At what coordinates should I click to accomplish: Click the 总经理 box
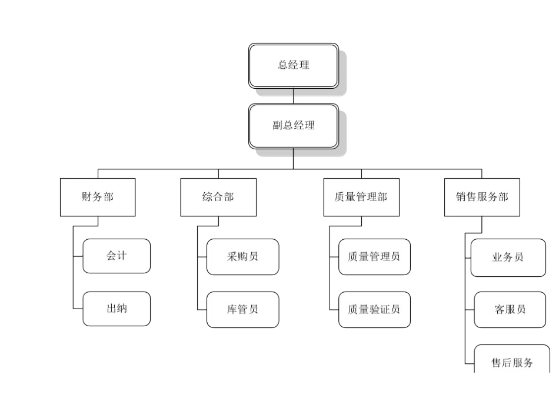pos(293,65)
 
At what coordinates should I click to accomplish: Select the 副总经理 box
pos(293,126)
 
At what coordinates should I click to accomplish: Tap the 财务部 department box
pos(98,197)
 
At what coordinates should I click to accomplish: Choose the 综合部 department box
pos(218,197)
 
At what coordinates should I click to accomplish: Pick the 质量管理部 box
pos(361,197)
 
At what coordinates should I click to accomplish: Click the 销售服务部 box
pos(481,197)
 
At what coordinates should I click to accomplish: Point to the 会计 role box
pos(117,256)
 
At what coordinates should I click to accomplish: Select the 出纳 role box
pos(117,309)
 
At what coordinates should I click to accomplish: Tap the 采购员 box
pos(242,257)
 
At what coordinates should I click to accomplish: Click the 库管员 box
pos(242,310)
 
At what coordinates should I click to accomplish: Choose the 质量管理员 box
pos(374,257)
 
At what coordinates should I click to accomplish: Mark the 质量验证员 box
pos(374,310)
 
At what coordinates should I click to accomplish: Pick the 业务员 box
pos(508,257)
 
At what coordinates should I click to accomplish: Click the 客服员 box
pos(510,310)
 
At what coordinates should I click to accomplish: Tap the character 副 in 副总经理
pos(278,126)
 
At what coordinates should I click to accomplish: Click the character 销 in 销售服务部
pos(461,197)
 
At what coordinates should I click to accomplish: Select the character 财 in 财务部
pos(86,197)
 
